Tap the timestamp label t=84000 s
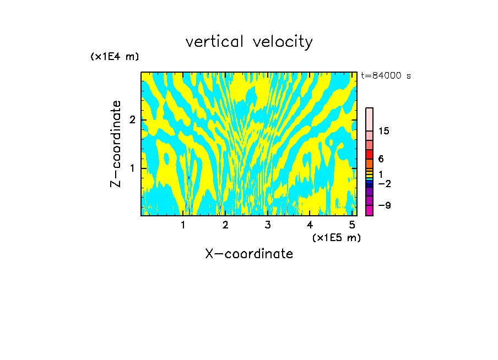pyautogui.click(x=386, y=76)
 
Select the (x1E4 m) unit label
pyautogui.click(x=115, y=57)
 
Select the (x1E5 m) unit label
pyautogui.click(x=336, y=237)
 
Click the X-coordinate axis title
pyautogui.click(x=249, y=254)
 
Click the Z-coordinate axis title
pyautogui.click(x=116, y=144)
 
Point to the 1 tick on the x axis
pyautogui.click(x=183, y=225)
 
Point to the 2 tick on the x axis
pyautogui.click(x=225, y=225)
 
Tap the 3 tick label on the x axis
pyautogui.click(x=268, y=225)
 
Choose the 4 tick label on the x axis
pyautogui.click(x=310, y=225)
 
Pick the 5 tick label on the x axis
pyautogui.click(x=352, y=225)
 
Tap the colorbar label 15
pyautogui.click(x=384, y=131)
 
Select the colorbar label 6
pyautogui.click(x=381, y=159)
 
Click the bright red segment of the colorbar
pyautogui.click(x=370, y=154)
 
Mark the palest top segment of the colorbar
pyautogui.click(x=370, y=119)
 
